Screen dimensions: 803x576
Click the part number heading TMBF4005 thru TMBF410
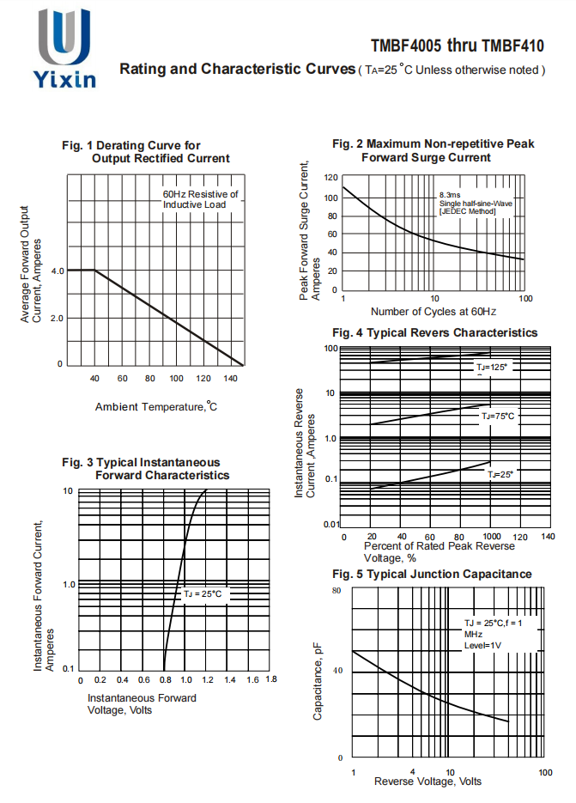point(458,45)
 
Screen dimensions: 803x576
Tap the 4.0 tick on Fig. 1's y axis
point(58,271)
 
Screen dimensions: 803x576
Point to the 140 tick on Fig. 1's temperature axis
point(230,379)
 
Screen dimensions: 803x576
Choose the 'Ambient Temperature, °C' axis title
point(156,406)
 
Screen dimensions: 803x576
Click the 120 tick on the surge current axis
point(330,178)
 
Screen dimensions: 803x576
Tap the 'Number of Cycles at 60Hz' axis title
point(434,311)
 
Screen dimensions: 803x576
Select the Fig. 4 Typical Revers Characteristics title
point(434,332)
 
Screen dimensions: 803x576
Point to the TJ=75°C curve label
point(497,416)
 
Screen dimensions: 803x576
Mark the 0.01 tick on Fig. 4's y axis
point(330,524)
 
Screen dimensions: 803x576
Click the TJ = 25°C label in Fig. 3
point(203,593)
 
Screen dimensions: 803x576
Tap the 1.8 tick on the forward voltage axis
point(270,679)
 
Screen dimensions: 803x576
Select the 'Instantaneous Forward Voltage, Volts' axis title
point(142,703)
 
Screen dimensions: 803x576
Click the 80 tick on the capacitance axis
point(337,592)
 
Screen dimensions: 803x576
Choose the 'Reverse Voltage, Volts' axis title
point(427,782)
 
